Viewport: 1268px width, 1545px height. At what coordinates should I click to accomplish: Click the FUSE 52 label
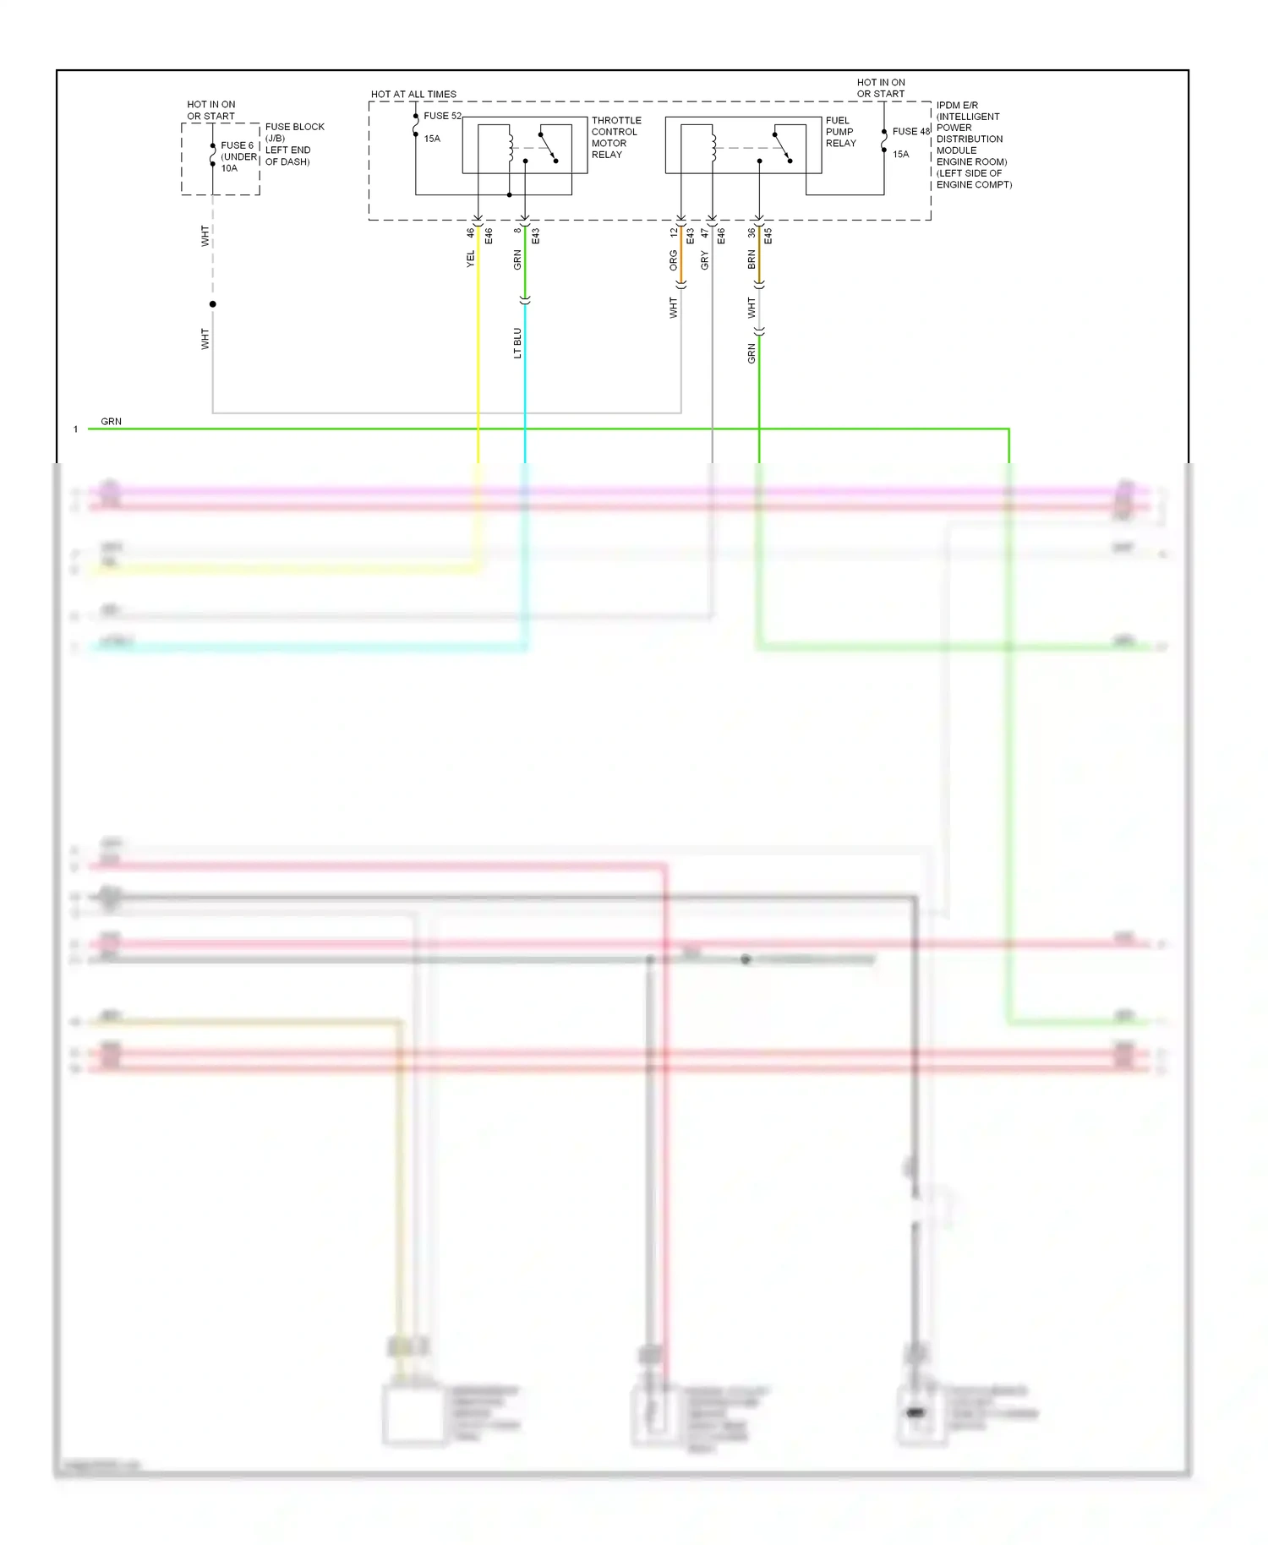(442, 116)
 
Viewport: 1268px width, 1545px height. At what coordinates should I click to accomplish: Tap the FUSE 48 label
(910, 131)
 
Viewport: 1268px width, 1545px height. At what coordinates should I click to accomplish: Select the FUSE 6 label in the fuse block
(237, 145)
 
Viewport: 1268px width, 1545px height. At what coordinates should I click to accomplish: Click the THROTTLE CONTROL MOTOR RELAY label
(615, 138)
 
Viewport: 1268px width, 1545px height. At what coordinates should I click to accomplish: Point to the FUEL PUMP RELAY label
(840, 132)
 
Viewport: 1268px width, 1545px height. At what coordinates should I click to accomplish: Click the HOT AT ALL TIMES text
(413, 95)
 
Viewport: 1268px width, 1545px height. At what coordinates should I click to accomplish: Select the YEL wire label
(471, 259)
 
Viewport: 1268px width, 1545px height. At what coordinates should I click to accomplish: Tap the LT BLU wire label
(517, 343)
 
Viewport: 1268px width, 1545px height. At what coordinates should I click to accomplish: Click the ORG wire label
(674, 259)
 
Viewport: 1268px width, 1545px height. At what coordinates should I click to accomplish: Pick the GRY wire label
(704, 260)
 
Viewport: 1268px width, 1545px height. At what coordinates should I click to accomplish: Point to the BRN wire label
(752, 259)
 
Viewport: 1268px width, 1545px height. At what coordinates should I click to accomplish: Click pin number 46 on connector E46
(471, 232)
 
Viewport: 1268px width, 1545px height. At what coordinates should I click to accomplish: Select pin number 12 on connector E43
(674, 232)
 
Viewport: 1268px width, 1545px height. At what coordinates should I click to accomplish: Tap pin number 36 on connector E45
(752, 232)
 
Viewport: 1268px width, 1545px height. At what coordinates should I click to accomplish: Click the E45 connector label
(768, 237)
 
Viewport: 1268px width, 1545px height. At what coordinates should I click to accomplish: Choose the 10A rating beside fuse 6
(229, 168)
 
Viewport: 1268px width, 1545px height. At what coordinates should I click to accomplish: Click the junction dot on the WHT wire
(213, 304)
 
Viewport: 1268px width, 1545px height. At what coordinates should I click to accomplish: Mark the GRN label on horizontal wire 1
(111, 421)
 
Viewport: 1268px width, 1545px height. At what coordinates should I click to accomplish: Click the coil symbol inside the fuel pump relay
(713, 147)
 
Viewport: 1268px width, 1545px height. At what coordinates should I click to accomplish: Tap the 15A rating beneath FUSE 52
(432, 139)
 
